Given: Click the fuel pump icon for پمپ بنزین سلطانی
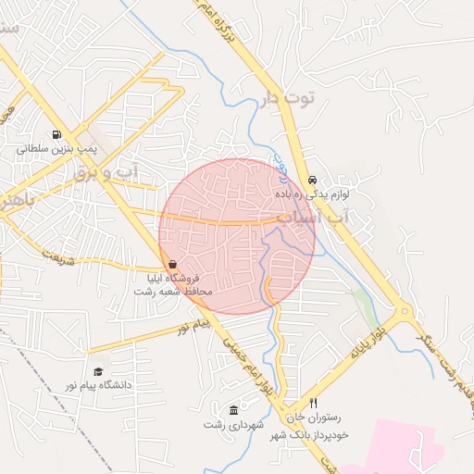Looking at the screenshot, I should pyautogui.click(x=58, y=134).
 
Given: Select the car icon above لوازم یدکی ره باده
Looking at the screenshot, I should pyautogui.click(x=311, y=181).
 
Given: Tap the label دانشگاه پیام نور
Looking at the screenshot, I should pyautogui.click(x=95, y=383).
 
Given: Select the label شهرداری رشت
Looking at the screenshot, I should pyautogui.click(x=234, y=424).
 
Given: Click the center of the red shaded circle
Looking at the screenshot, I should pyautogui.click(x=237, y=236).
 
